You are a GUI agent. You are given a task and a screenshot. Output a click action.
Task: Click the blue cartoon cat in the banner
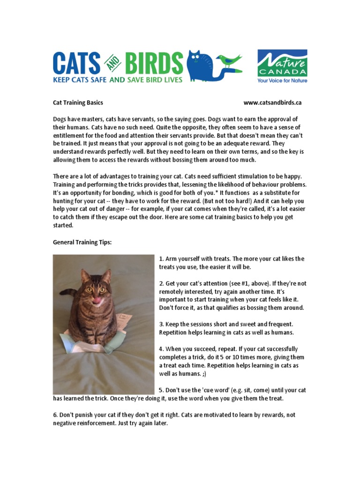point(199,66)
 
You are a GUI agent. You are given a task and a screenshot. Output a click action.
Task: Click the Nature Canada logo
point(282,66)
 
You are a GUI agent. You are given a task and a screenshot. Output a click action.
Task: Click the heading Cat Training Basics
point(78,103)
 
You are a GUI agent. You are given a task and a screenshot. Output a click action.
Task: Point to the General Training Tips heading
point(82,242)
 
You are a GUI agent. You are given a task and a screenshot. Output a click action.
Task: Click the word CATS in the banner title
point(77,63)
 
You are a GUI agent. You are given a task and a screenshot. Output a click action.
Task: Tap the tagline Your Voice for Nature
point(282,81)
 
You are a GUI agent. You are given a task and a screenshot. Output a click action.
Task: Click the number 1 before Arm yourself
point(161,259)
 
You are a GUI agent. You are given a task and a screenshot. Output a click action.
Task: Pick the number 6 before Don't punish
point(54,415)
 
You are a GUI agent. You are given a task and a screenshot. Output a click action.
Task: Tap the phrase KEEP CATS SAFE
point(80,80)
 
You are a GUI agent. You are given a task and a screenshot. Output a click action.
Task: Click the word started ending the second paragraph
point(63,225)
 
